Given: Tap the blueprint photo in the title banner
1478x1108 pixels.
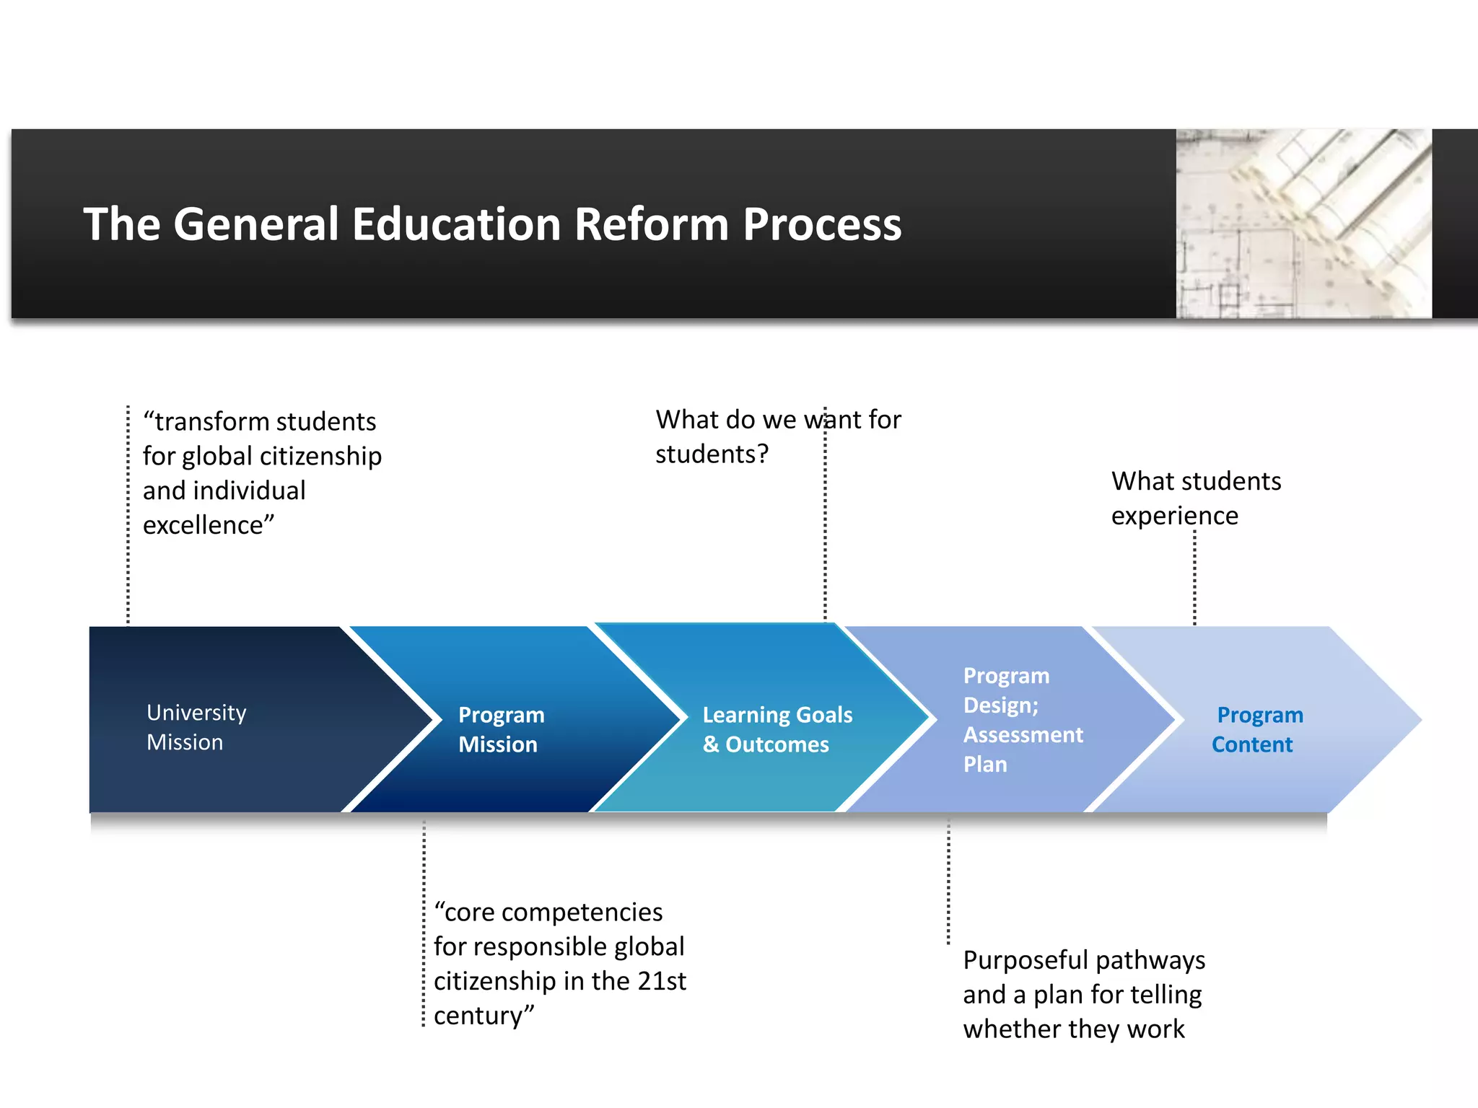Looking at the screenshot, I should [x=1303, y=224].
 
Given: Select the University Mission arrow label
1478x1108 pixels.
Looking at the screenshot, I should [x=196, y=727].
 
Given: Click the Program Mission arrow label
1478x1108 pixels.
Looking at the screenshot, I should [x=501, y=729].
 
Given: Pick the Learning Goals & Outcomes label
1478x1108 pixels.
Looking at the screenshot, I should [x=777, y=729].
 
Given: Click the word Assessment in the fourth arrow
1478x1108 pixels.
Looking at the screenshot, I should [x=1023, y=735].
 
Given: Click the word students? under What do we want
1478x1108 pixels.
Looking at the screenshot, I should [x=712, y=454].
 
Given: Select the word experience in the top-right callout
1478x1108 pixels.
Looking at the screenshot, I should [x=1174, y=516].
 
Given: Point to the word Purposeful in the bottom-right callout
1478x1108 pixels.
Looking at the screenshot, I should [x=1025, y=960].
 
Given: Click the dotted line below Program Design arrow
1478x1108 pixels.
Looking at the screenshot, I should [x=948, y=880].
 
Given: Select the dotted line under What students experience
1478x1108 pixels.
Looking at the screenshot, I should [x=1194, y=577].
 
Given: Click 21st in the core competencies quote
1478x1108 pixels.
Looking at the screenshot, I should [x=662, y=981].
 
